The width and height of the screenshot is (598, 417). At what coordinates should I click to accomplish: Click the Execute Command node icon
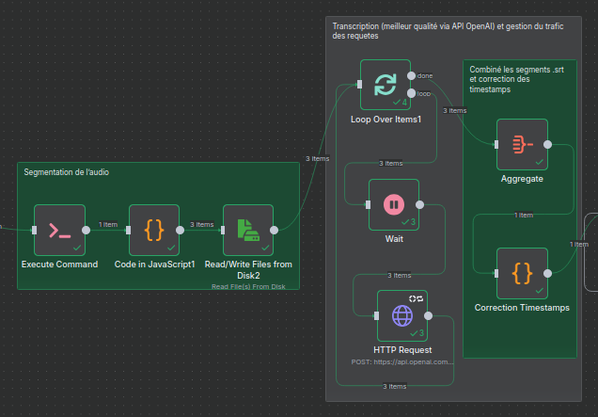pos(59,229)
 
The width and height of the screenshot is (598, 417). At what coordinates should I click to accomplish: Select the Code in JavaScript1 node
pos(153,229)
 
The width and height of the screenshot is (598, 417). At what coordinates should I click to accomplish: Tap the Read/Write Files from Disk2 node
pos(248,229)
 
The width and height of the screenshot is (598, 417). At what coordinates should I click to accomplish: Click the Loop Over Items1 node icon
pos(386,86)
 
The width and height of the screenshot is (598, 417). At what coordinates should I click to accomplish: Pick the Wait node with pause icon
pos(393,203)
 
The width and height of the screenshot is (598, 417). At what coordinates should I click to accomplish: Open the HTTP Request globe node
pos(402,314)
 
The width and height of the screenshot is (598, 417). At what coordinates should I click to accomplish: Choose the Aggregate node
pos(522,144)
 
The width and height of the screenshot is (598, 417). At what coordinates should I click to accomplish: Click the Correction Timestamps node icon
pos(522,273)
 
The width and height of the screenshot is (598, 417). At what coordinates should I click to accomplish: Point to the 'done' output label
pos(425,75)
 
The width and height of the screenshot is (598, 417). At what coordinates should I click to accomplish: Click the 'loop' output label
pos(425,93)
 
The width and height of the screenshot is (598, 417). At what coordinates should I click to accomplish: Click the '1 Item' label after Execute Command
pos(107,224)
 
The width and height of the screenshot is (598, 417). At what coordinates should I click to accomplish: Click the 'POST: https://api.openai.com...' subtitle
pos(401,361)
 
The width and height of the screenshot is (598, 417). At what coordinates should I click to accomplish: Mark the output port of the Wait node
pos(419,204)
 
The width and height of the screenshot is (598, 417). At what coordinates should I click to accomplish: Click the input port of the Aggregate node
pos(496,145)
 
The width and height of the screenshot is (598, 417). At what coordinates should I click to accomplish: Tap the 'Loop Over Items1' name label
pos(386,120)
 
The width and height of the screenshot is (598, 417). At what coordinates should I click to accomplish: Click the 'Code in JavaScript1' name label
pos(154,265)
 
